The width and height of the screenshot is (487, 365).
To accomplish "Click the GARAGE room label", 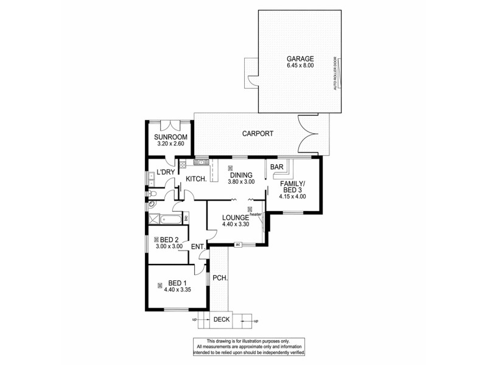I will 300,58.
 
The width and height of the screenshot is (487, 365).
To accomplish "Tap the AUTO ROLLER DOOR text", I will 335,74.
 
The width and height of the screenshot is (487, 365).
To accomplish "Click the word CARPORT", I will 258,133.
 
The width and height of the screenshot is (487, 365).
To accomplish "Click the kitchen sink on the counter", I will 201,162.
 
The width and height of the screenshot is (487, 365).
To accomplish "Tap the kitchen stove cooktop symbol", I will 182,163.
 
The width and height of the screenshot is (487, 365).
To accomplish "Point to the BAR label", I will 277,167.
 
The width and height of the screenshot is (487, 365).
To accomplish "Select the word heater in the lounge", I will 255,214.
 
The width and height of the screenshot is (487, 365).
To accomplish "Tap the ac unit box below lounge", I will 239,245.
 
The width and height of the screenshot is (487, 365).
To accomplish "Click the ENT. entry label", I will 197,246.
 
